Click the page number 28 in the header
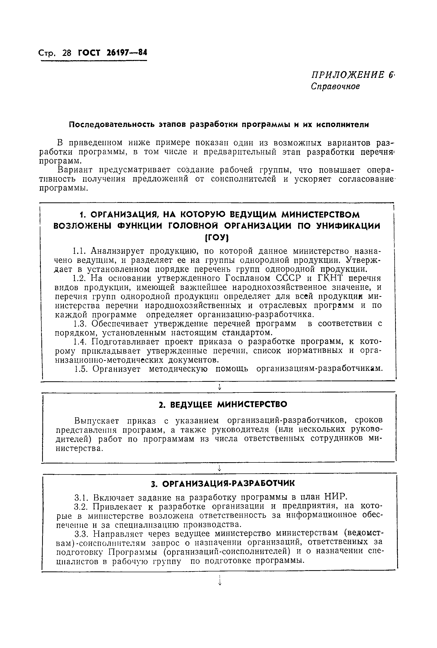click(x=67, y=53)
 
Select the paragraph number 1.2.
click(x=80, y=278)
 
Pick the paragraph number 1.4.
click(x=80, y=342)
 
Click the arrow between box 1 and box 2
click(x=220, y=387)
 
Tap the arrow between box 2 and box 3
click(x=220, y=469)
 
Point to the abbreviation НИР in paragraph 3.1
click(x=336, y=497)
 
